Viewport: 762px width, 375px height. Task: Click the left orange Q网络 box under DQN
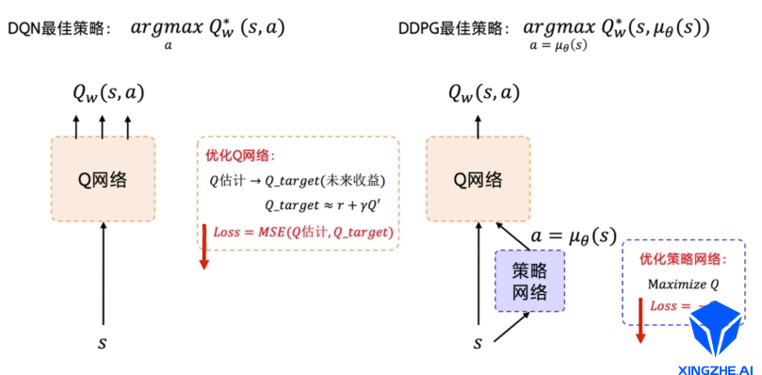[x=103, y=178]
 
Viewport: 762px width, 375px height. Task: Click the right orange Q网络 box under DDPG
[x=478, y=178]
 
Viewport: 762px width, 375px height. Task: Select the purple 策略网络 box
[x=530, y=280]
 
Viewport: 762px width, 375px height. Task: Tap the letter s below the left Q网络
[x=103, y=342]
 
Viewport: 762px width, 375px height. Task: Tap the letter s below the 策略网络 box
[x=478, y=342]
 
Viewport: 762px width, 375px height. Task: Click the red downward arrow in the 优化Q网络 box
[x=203, y=247]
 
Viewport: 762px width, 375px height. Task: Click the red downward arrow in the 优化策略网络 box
[x=640, y=320]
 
